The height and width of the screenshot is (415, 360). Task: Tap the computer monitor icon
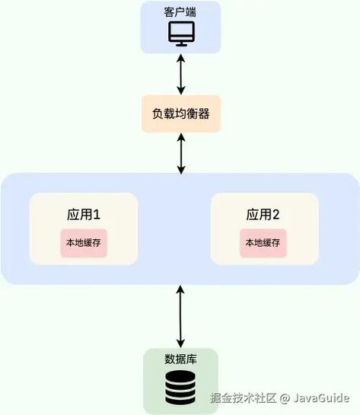[x=180, y=33]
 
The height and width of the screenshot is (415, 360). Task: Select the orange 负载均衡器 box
[x=180, y=113]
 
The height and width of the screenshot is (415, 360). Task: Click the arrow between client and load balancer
[x=180, y=74]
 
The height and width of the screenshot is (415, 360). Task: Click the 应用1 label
[x=84, y=214]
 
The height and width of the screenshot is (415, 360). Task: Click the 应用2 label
[x=263, y=214]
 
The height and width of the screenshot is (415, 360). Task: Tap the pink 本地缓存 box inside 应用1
[x=84, y=243]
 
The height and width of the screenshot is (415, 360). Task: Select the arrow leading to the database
[x=180, y=316]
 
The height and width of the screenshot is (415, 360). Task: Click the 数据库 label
[x=180, y=359]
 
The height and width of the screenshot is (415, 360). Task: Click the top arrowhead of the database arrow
[x=180, y=289]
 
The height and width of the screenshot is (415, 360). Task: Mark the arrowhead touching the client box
[x=180, y=59]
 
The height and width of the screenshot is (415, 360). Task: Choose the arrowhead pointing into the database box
[x=180, y=343]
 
